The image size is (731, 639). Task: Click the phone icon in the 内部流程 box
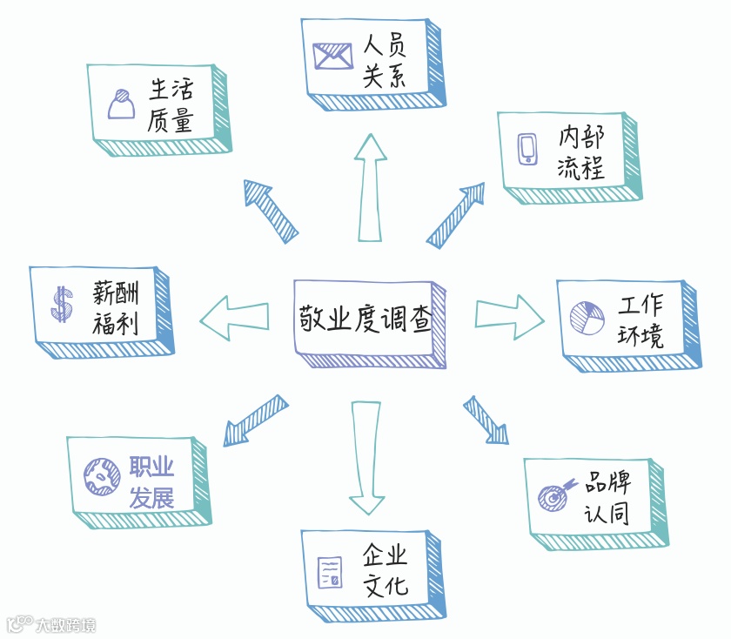[x=527, y=148]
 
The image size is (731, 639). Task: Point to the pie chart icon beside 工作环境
[x=587, y=317]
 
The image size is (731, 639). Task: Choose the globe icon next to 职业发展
[x=101, y=475]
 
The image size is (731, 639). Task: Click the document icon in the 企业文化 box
[x=330, y=571]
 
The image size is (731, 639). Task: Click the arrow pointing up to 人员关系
[x=370, y=187]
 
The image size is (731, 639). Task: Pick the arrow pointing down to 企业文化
[x=366, y=457]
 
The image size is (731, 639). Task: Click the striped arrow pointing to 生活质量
[x=270, y=210]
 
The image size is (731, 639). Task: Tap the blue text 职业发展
[x=151, y=482]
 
